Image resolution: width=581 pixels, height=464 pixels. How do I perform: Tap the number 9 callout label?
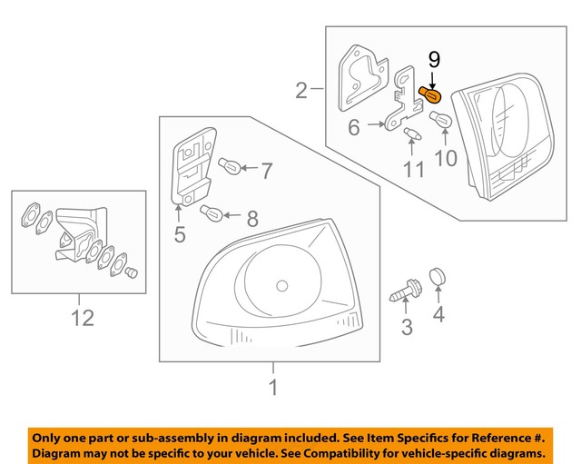[x=434, y=61]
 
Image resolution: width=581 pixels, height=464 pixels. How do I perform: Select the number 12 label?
[x=82, y=318]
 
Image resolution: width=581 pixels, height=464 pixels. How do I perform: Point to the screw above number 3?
[x=403, y=293]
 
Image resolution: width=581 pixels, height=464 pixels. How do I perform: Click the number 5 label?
[x=180, y=234]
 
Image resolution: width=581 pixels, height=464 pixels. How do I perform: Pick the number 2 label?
[x=302, y=90]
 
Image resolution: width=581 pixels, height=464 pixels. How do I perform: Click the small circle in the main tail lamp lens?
[x=281, y=286]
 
